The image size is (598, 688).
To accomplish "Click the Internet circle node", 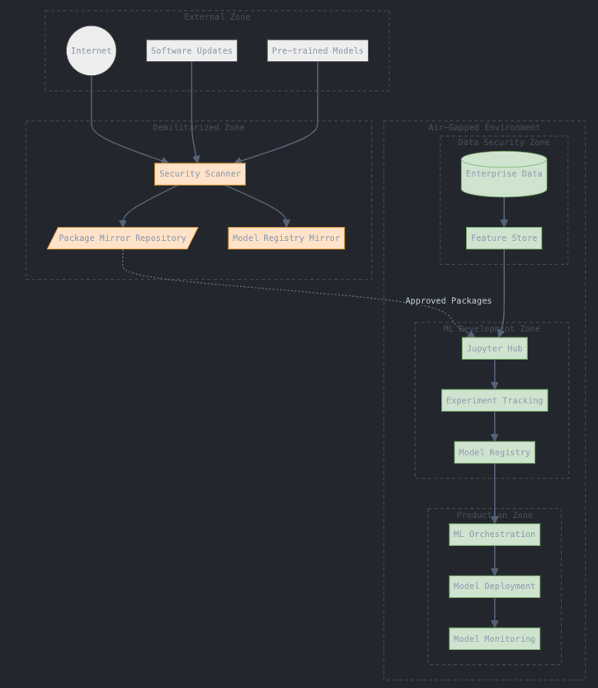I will [91, 51].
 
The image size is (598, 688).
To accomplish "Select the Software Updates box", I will [191, 51].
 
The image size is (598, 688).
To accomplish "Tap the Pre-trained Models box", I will [318, 51].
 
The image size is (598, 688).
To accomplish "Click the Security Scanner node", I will [200, 174].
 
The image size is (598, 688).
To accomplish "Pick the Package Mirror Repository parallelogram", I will [123, 238].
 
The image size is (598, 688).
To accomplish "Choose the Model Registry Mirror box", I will [286, 238].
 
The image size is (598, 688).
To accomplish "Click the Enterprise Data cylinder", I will [504, 174].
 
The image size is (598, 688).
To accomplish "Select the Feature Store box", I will [504, 238].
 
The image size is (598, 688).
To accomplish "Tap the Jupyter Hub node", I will [494, 349].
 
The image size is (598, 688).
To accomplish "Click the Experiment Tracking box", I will [494, 401].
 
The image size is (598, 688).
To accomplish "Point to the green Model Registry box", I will [494, 453].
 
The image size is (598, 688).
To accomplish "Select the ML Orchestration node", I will [494, 535].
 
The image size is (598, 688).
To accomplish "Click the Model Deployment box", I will [494, 587].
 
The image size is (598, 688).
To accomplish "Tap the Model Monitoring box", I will [494, 639].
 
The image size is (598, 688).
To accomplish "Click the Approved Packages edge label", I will [448, 301].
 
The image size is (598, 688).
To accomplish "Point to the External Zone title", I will [217, 17].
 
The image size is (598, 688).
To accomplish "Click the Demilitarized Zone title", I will [199, 128].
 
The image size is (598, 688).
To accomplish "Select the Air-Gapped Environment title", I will [484, 128].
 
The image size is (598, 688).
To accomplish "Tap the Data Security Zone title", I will [504, 143].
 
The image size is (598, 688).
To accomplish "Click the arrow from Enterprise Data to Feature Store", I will [504, 212].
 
